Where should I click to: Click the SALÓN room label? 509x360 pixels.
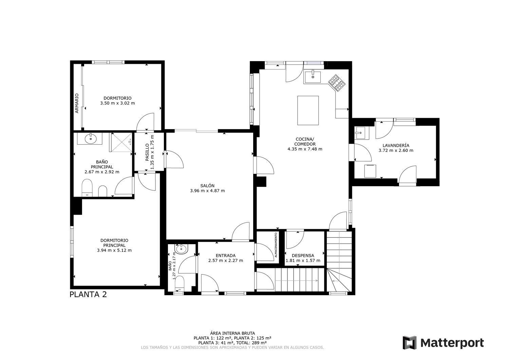click(x=207, y=186)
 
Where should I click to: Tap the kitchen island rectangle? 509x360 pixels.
click(x=308, y=110)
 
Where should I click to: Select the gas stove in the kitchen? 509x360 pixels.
click(x=337, y=83)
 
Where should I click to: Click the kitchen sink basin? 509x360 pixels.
click(x=313, y=77)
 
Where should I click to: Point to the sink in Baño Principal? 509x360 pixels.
click(x=91, y=139)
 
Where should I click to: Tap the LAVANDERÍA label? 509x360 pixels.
click(x=396, y=145)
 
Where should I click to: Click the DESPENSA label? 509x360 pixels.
click(x=303, y=256)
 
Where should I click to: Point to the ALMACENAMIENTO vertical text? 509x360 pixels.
click(x=276, y=245)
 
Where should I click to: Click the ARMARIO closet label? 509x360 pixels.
click(x=77, y=103)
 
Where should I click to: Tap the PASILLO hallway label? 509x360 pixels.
click(x=147, y=152)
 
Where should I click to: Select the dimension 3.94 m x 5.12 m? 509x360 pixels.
click(x=114, y=250)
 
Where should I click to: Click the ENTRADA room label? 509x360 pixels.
click(x=225, y=256)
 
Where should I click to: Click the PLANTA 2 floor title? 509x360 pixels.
click(x=88, y=294)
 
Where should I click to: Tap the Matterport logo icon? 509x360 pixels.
click(x=410, y=342)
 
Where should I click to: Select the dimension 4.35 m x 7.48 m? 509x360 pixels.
click(x=305, y=149)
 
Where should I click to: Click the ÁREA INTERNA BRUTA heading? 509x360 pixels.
click(x=232, y=334)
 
